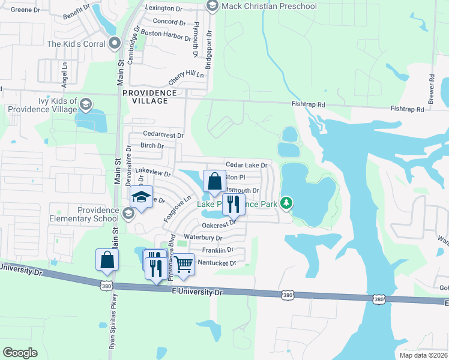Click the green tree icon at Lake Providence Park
[x=288, y=203]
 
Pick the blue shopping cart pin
[x=183, y=263]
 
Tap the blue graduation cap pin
[x=142, y=199]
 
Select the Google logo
[x=20, y=352]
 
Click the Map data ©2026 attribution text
[x=423, y=355]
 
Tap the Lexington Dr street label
[x=164, y=9]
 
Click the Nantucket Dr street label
[x=217, y=263]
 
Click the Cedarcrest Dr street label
[x=163, y=134]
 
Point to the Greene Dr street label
[x=26, y=10]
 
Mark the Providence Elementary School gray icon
[x=128, y=214]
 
